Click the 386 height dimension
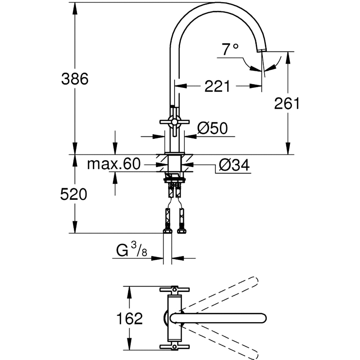click(x=75, y=79)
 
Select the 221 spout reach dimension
click(x=217, y=86)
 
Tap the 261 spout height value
click(x=287, y=104)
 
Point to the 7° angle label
click(x=230, y=49)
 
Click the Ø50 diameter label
click(x=212, y=128)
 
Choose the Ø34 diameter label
click(x=234, y=165)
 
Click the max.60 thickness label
click(x=113, y=165)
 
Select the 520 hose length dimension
click(x=73, y=195)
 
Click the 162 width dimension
click(x=130, y=318)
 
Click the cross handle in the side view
click(x=175, y=122)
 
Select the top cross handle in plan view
click(x=175, y=289)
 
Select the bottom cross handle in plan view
click(x=175, y=347)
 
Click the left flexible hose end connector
click(x=167, y=230)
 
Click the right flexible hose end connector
click(x=182, y=230)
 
